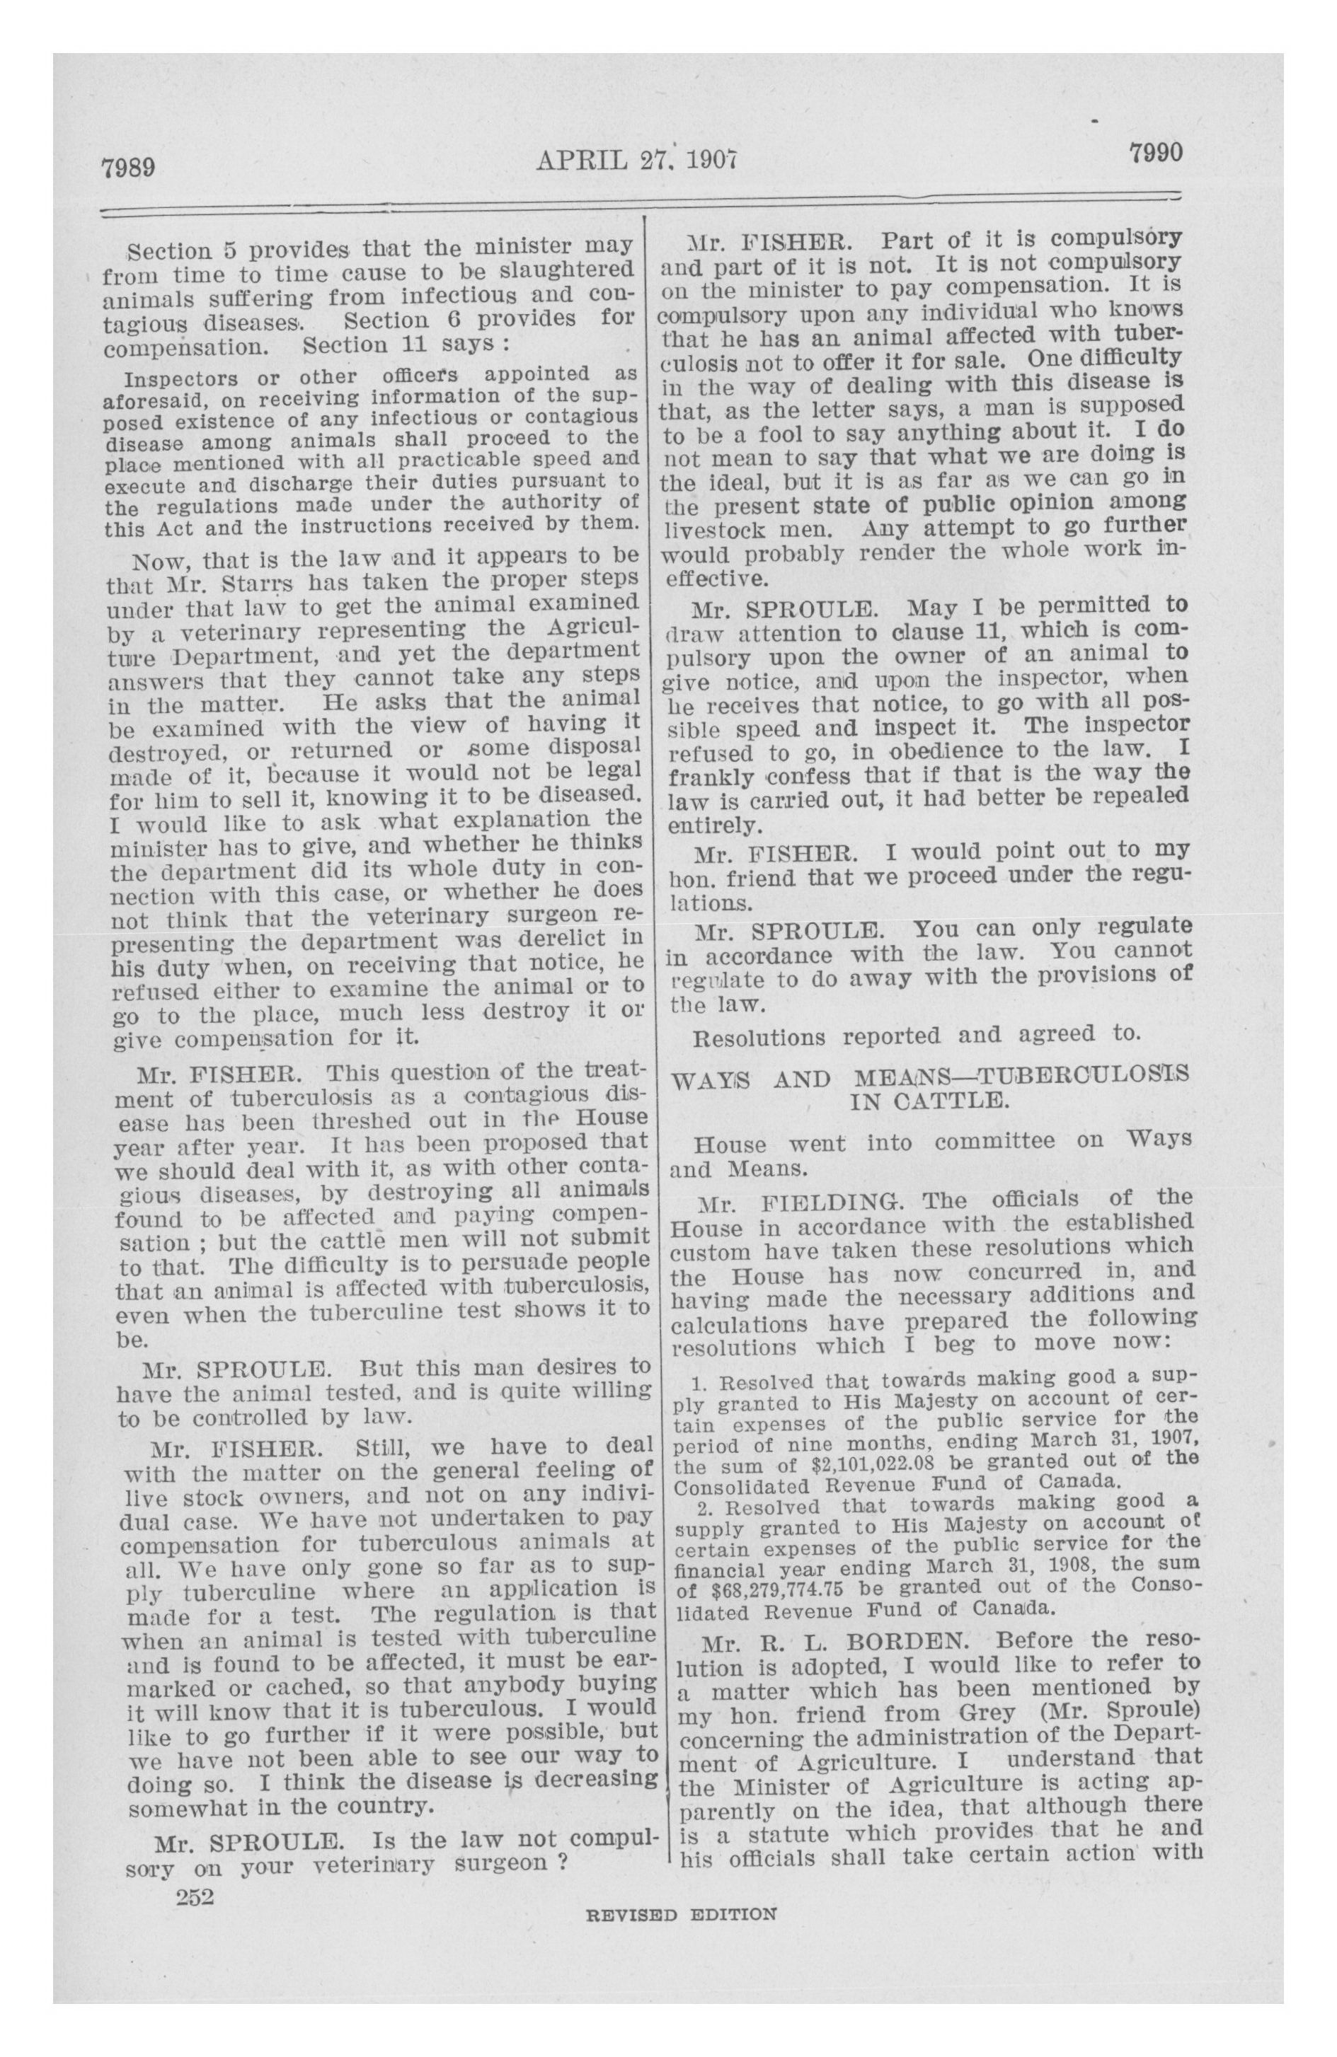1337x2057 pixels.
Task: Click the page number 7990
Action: [x=1154, y=153]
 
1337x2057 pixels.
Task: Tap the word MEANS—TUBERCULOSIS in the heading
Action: [x=1021, y=1075]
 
